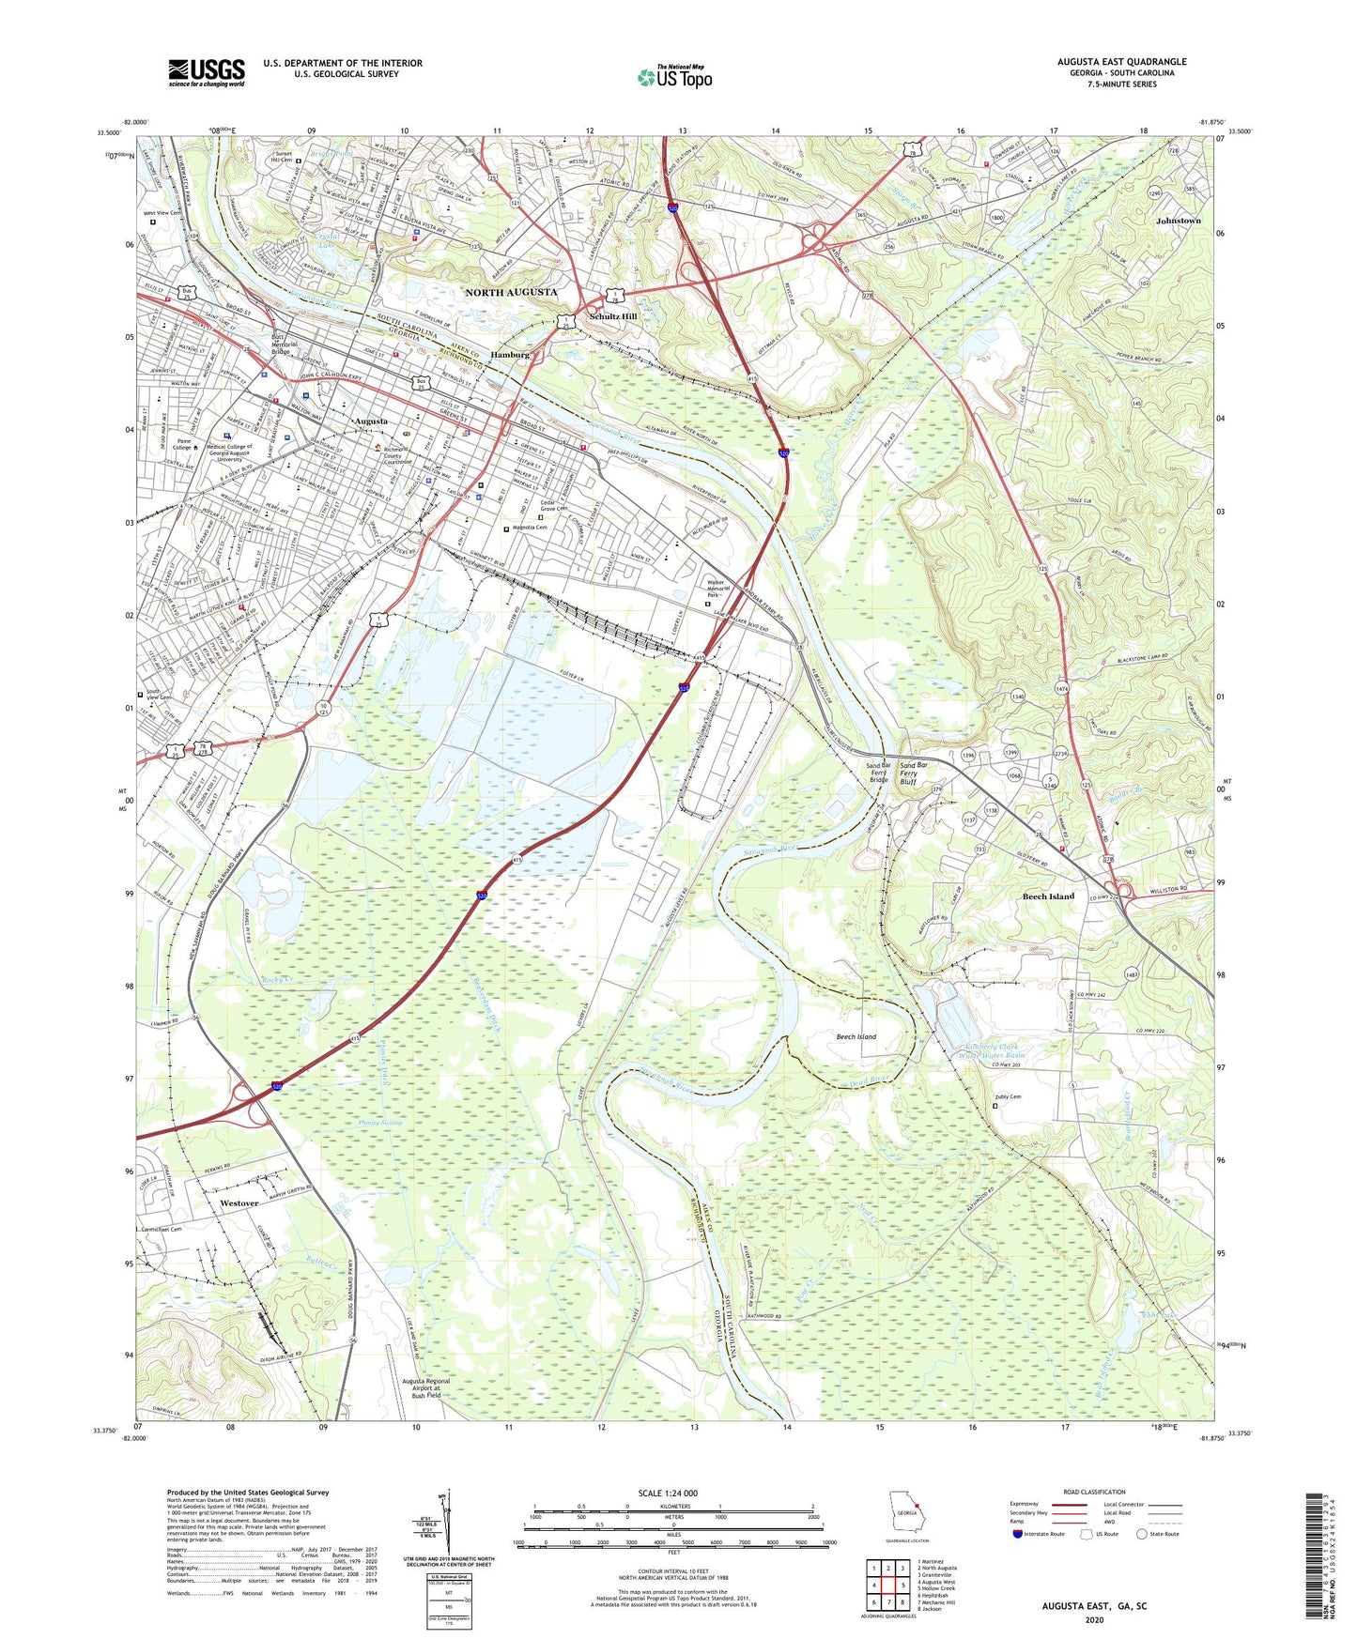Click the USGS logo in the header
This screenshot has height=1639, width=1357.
[206, 72]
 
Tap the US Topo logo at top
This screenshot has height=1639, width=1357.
[674, 77]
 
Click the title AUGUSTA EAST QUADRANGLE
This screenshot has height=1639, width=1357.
[1121, 62]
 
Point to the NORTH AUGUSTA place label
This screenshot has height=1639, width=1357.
[511, 293]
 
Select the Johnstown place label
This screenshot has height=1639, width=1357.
[1178, 221]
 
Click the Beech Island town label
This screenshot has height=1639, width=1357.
[1048, 896]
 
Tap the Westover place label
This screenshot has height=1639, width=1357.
[239, 1203]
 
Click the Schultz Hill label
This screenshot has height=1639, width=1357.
[613, 316]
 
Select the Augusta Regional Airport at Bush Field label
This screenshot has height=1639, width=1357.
[425, 1388]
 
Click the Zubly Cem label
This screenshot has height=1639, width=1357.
[1008, 1096]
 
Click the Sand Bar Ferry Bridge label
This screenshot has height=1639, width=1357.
[877, 773]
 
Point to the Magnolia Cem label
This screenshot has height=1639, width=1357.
[529, 528]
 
